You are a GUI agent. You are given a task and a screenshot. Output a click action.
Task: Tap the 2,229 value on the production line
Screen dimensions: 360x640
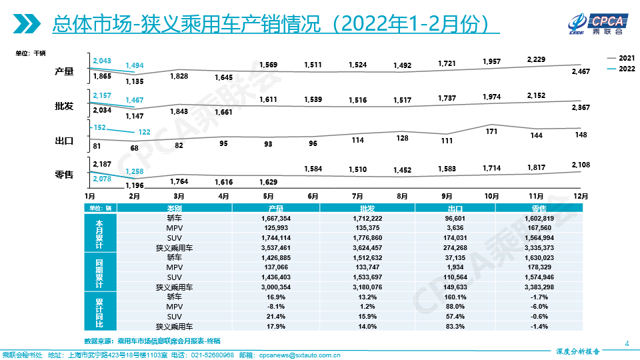pyautogui.click(x=535, y=59)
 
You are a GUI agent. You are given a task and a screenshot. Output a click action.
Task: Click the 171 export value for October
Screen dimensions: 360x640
pyautogui.click(x=492, y=131)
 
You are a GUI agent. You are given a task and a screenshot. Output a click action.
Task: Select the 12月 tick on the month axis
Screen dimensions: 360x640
pyautogui.click(x=581, y=196)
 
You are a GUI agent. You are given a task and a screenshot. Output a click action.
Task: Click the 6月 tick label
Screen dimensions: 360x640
pyautogui.click(x=312, y=196)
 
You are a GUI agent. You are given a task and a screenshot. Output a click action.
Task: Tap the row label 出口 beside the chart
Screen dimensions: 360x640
pyautogui.click(x=64, y=141)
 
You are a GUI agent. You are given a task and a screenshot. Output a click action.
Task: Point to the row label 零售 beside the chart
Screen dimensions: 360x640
pyautogui.click(x=64, y=175)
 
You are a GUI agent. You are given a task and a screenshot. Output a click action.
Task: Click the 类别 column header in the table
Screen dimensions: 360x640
pyautogui.click(x=174, y=209)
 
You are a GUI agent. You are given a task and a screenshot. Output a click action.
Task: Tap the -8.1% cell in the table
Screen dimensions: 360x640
pyautogui.click(x=276, y=307)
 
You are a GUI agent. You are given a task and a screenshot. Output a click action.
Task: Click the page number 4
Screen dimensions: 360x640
pyautogui.click(x=627, y=343)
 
